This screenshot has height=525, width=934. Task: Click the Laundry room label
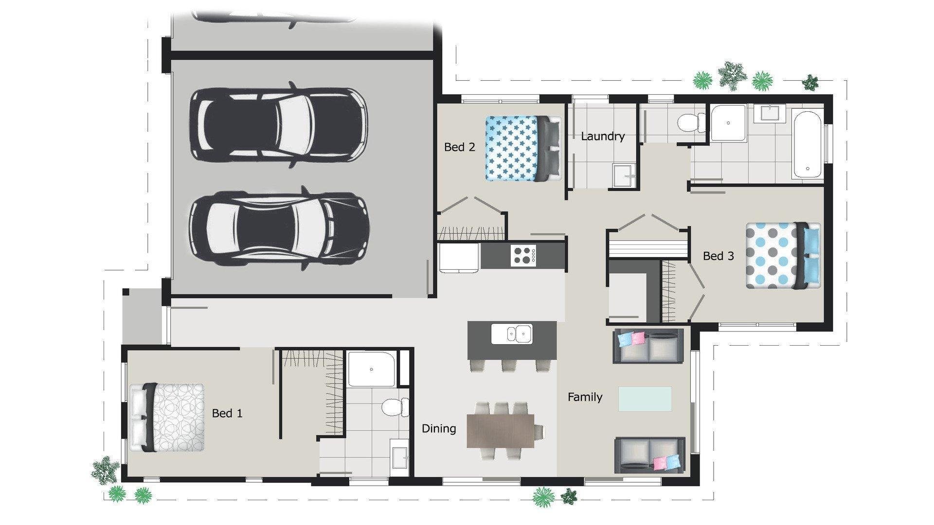pos(603,137)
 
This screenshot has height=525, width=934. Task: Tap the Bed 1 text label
pos(227,413)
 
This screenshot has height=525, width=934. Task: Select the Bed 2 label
pos(460,147)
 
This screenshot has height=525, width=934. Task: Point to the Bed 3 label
pos(718,256)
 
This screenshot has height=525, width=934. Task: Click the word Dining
pos(439,429)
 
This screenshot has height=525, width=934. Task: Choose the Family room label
pos(585,397)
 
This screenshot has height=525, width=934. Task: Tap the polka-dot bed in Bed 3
pos(783,256)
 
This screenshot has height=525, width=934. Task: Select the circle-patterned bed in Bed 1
pos(167,417)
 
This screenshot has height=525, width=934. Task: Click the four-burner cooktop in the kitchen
pos(523,255)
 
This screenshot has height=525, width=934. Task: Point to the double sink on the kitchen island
pos(512,334)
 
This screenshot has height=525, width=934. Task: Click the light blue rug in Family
pos(645,399)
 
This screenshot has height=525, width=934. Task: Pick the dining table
pos(501,430)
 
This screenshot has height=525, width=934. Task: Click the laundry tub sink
pos(624,175)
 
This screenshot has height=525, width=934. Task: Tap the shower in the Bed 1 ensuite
pos(371,369)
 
